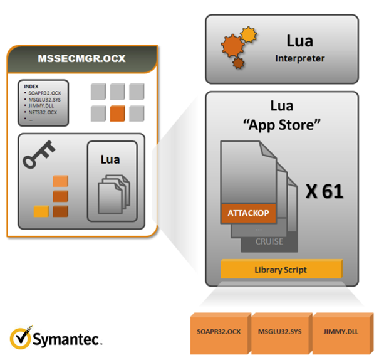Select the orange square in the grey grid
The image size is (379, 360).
116,114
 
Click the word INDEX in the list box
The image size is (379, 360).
31,85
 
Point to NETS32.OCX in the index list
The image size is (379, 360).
43,112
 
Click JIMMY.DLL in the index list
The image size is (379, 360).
40,106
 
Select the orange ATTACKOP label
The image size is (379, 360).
247,213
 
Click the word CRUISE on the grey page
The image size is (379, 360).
269,241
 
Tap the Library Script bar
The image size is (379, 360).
281,270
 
